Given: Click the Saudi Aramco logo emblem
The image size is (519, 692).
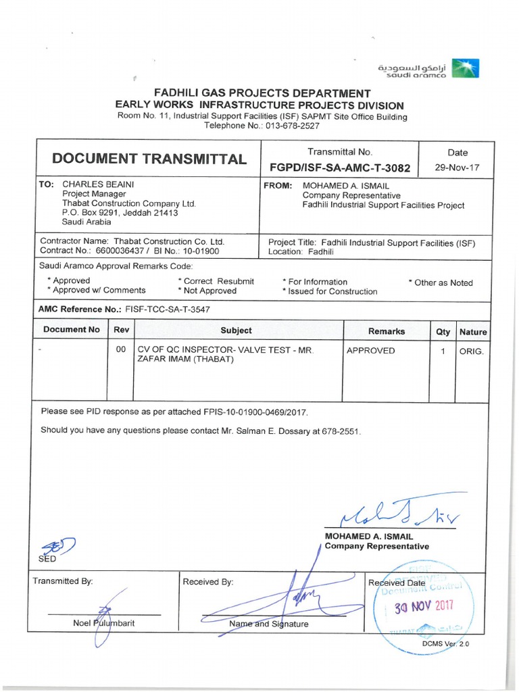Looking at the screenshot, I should click(x=465, y=69).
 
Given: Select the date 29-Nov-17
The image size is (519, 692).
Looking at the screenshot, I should click(x=458, y=168).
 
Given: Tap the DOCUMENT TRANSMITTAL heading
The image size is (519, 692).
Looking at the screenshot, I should click(x=150, y=159).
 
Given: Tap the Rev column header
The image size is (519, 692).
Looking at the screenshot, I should click(x=121, y=330).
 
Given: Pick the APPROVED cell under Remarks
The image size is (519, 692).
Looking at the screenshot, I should click(x=371, y=351).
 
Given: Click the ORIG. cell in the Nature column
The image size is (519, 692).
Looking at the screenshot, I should click(x=472, y=351).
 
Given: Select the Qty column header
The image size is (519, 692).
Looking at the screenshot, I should click(x=443, y=332).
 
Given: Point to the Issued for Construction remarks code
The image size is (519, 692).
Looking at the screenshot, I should click(x=332, y=292).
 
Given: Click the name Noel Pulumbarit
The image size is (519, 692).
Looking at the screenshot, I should click(x=103, y=623).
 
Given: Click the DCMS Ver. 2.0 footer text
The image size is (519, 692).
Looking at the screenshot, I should click(x=445, y=644).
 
